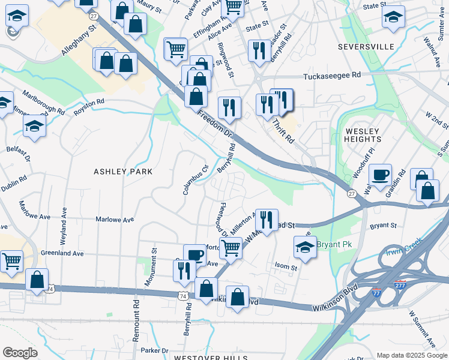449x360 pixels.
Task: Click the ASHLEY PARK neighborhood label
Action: coord(123,172)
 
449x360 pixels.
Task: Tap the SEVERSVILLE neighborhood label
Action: coord(366,46)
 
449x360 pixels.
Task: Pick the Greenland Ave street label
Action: coord(62,253)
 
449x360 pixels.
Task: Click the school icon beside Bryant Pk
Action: coord(305,247)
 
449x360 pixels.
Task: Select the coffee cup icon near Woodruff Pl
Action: coord(380,175)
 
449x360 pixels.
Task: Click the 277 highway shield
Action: coord(400,284)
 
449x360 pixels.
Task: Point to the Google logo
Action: coord(20,353)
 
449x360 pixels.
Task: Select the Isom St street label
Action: coord(286,266)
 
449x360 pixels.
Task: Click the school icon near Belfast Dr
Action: coord(34,126)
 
